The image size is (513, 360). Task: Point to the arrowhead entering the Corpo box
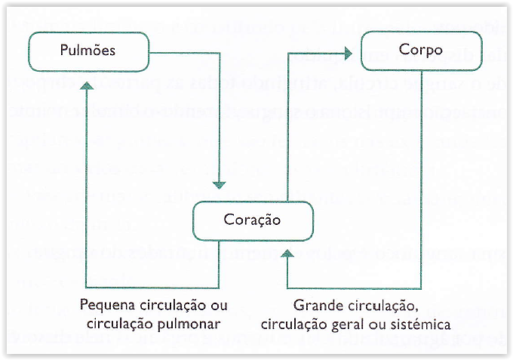348,51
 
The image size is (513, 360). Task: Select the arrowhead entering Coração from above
220,183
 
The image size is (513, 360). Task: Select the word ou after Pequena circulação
219,306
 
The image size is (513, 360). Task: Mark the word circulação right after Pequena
171,306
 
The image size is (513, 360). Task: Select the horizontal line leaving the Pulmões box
185,51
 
